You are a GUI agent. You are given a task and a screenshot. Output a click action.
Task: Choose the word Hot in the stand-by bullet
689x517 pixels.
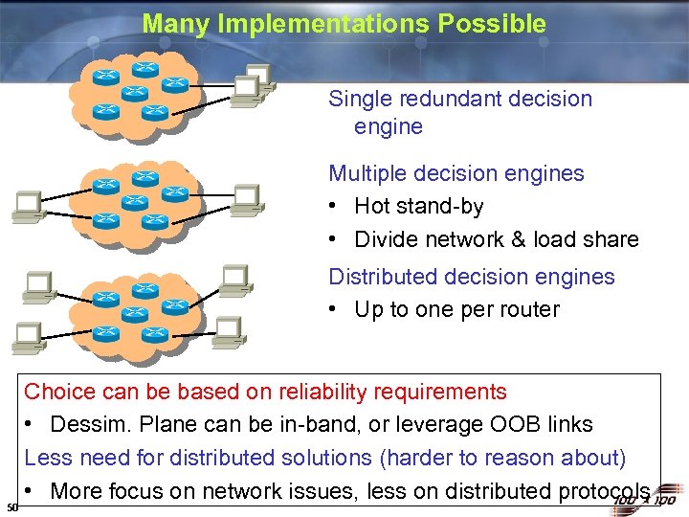(371, 207)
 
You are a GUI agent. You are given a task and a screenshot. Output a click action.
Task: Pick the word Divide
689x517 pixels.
(387, 239)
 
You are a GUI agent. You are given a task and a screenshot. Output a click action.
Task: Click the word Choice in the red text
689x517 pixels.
(60, 392)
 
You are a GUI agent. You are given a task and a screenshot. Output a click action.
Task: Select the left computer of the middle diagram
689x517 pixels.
(27, 204)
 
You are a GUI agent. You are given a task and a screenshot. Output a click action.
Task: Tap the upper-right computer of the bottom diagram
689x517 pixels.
(234, 279)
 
